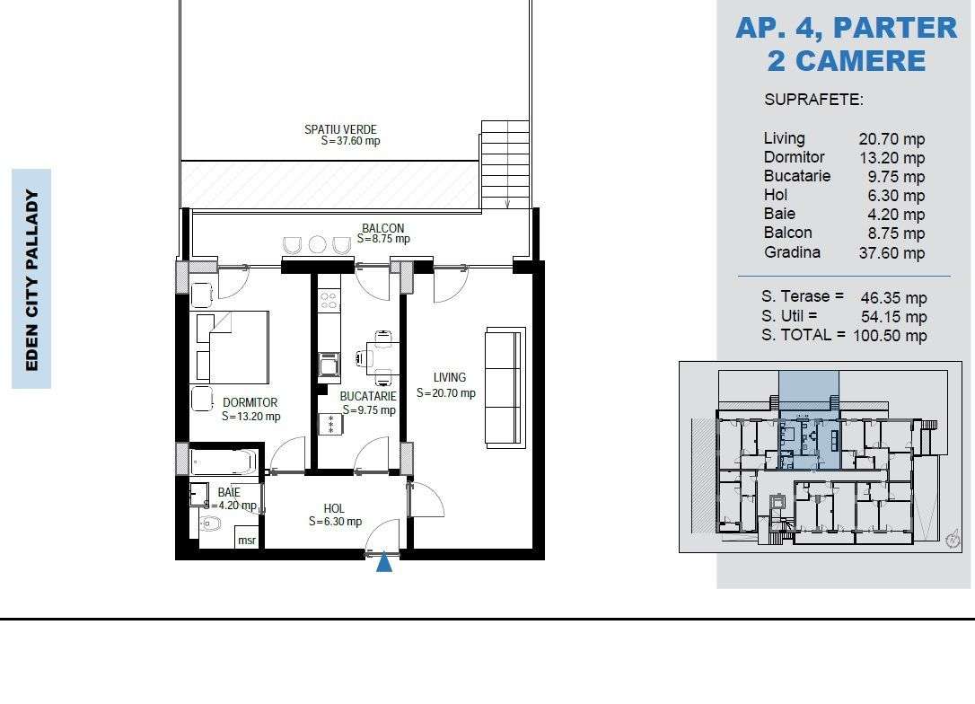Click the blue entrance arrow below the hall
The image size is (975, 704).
coord(384,563)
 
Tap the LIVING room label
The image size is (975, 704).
coord(449,378)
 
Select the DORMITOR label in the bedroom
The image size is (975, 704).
coord(250,403)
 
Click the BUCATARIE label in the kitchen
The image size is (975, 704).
coord(367,396)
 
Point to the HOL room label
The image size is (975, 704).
coord(334,508)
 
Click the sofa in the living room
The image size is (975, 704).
coord(504,387)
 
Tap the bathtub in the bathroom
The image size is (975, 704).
coord(224,462)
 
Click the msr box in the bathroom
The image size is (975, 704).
coord(247,540)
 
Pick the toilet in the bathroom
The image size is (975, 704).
coord(210,524)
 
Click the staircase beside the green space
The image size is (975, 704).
coord(505,164)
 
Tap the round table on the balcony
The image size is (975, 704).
coord(317,244)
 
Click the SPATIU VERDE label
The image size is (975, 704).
coord(340,129)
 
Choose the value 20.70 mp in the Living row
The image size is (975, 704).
coord(892,139)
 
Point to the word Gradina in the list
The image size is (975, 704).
coord(792,252)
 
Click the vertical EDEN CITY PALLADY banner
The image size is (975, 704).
coord(31,279)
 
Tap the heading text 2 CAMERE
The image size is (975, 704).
coord(846,61)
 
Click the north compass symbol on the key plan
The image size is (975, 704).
coord(953,540)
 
